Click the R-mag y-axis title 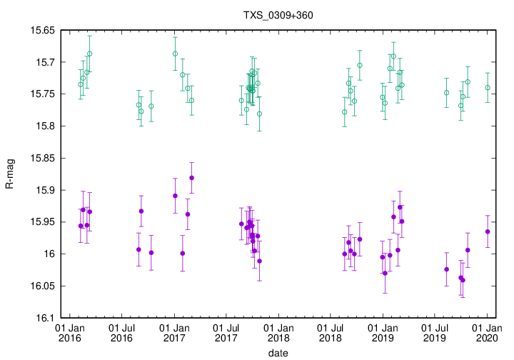point(10,174)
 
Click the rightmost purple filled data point point(488,231)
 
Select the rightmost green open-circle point point(488,88)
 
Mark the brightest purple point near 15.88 point(192,178)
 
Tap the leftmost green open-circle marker point(81,84)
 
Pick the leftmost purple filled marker point(81,226)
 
